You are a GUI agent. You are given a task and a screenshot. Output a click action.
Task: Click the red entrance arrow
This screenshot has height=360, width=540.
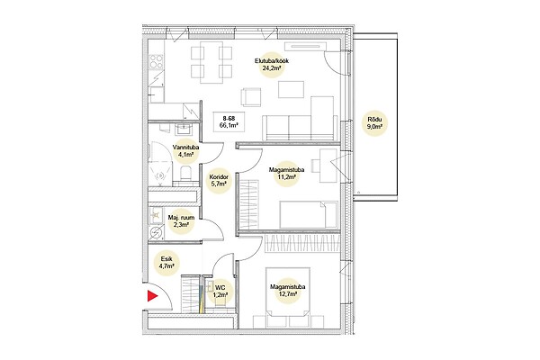click(152, 296)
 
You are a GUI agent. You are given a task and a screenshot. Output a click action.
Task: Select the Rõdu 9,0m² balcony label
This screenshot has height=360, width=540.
click(375, 122)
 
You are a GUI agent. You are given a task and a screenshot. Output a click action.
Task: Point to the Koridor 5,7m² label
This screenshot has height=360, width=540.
click(219, 180)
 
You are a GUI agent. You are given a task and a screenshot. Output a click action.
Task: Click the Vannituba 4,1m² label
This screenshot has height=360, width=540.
click(186, 151)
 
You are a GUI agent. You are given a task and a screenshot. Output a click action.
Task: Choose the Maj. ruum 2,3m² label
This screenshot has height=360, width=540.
click(181, 221)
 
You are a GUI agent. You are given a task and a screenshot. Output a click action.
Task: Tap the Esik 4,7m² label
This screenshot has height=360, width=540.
click(166, 262)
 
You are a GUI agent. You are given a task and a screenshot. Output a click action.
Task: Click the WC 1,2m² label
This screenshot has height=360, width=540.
click(220, 291)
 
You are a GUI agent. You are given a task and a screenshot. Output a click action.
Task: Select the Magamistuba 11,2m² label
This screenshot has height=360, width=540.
click(286, 174)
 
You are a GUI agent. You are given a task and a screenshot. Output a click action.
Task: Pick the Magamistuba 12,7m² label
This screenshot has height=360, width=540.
click(288, 290)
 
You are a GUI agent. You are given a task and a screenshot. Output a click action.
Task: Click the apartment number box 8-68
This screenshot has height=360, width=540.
click(229, 121)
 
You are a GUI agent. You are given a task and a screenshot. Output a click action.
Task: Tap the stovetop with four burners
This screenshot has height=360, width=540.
click(156, 62)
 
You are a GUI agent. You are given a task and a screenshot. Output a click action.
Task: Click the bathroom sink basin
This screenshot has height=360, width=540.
click(184, 130)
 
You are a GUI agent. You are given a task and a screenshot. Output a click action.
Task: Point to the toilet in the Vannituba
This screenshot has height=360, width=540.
click(185, 173)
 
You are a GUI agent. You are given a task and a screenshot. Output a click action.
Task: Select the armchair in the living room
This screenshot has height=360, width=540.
click(251, 97)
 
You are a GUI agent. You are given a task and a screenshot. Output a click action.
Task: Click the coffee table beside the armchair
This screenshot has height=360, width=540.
click(291, 89)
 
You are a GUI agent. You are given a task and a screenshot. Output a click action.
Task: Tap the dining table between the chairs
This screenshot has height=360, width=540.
click(211, 62)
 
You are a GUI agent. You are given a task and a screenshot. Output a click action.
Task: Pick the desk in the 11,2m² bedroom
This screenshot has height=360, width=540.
click(328, 166)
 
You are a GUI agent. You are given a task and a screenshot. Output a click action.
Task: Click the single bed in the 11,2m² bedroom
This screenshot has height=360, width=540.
click(309, 214)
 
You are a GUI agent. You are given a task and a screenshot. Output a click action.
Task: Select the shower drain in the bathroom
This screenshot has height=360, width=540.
click(159, 176)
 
